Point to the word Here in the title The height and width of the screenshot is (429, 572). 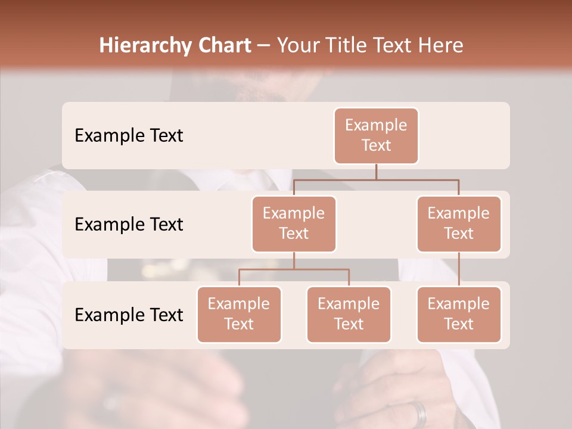(x=442, y=45)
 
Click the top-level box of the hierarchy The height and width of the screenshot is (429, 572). (x=376, y=135)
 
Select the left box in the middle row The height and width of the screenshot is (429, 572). (x=294, y=223)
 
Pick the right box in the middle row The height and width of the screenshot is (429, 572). (x=459, y=223)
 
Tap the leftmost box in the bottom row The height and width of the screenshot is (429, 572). (x=239, y=314)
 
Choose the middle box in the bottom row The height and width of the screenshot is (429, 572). (x=349, y=314)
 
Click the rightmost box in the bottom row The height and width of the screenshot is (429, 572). (x=459, y=314)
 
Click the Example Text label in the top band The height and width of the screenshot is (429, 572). (x=129, y=136)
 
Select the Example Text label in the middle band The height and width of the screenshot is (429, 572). (x=129, y=225)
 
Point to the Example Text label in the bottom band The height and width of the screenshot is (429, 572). (x=129, y=315)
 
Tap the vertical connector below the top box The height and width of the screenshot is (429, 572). (x=376, y=172)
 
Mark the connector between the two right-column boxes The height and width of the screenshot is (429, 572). (x=459, y=269)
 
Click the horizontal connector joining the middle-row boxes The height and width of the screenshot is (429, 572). (x=376, y=179)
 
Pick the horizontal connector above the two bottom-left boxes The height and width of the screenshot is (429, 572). (x=294, y=269)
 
